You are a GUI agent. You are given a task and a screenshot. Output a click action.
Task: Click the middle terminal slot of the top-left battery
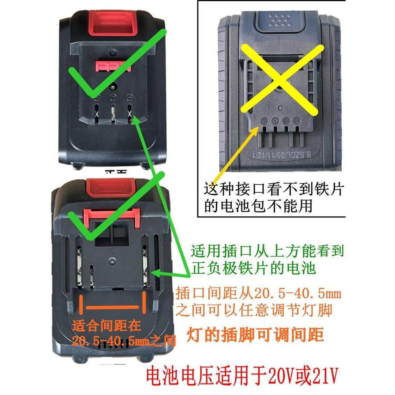pyautogui.click(x=113, y=112)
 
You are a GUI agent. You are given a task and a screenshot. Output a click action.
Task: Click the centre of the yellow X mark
pyautogui.click(x=279, y=79)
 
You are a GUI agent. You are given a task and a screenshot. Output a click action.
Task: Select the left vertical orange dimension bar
pyautogui.click(x=81, y=306)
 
